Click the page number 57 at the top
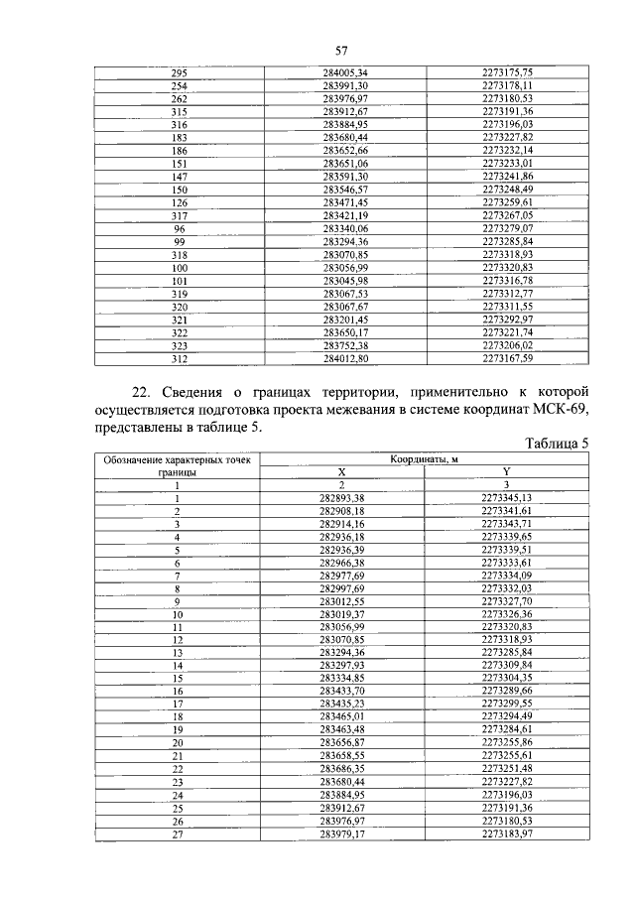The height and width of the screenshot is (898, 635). pyautogui.click(x=339, y=51)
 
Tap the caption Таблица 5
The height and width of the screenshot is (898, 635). pyautogui.click(x=558, y=444)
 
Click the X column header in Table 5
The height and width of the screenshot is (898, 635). pyautogui.click(x=341, y=472)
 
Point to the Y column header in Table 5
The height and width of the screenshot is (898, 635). pyautogui.click(x=506, y=472)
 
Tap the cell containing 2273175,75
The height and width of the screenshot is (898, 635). pyautogui.click(x=508, y=73)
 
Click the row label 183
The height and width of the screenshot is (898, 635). pyautogui.click(x=180, y=137)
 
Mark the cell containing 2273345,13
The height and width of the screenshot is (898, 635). pyautogui.click(x=507, y=497)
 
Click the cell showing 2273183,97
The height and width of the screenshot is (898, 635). pyautogui.click(x=507, y=834)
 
